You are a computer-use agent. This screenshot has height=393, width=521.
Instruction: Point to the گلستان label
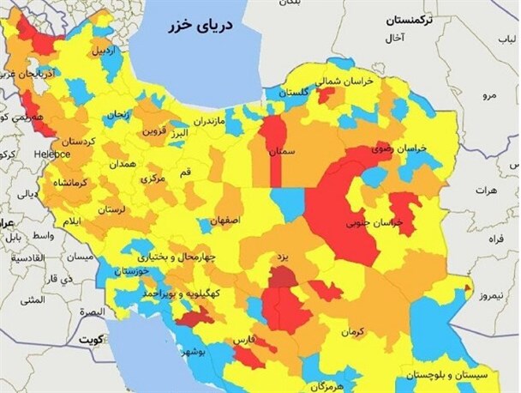291,92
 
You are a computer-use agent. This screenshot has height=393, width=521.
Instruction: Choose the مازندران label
208,121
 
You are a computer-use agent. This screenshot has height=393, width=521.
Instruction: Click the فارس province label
245,341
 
